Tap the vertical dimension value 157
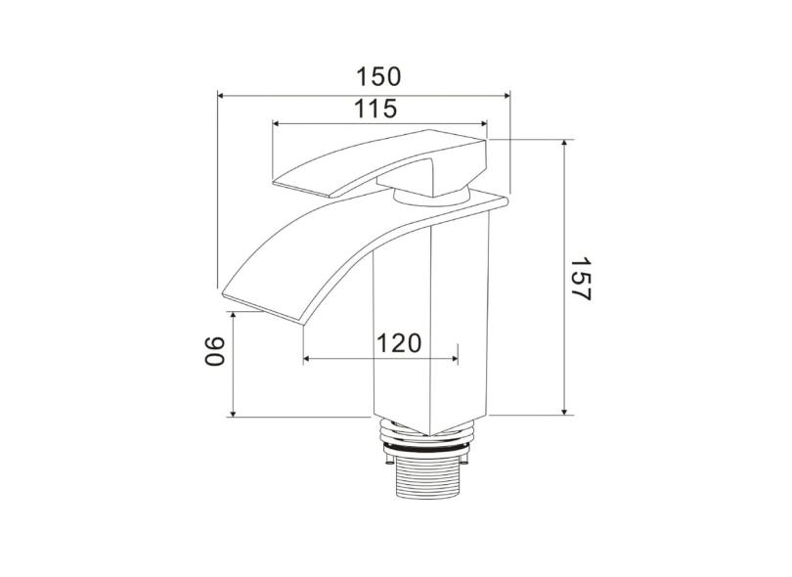(x=582, y=279)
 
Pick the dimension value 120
(x=399, y=343)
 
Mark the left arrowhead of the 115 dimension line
(x=277, y=124)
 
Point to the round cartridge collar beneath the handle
(x=430, y=197)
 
